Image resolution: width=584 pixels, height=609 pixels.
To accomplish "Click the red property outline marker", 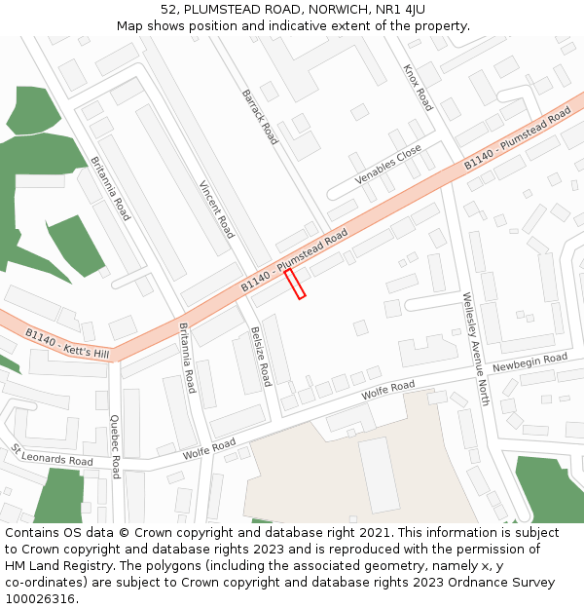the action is point(295,285).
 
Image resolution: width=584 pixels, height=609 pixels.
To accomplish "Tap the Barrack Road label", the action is point(260,117).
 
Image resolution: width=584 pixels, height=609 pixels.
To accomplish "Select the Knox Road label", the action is point(418,89).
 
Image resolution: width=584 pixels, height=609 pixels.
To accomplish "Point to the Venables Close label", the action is point(388,165).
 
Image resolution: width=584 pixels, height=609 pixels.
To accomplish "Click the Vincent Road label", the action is point(216,209).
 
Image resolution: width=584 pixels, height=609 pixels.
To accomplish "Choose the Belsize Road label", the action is point(260,357).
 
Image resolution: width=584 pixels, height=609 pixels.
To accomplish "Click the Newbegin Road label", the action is point(529,362).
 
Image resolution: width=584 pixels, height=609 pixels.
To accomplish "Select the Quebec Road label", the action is point(115,446).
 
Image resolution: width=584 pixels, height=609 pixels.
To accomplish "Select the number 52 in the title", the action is point(169,10).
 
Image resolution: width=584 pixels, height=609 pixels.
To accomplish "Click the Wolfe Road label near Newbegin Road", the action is point(387,391).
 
